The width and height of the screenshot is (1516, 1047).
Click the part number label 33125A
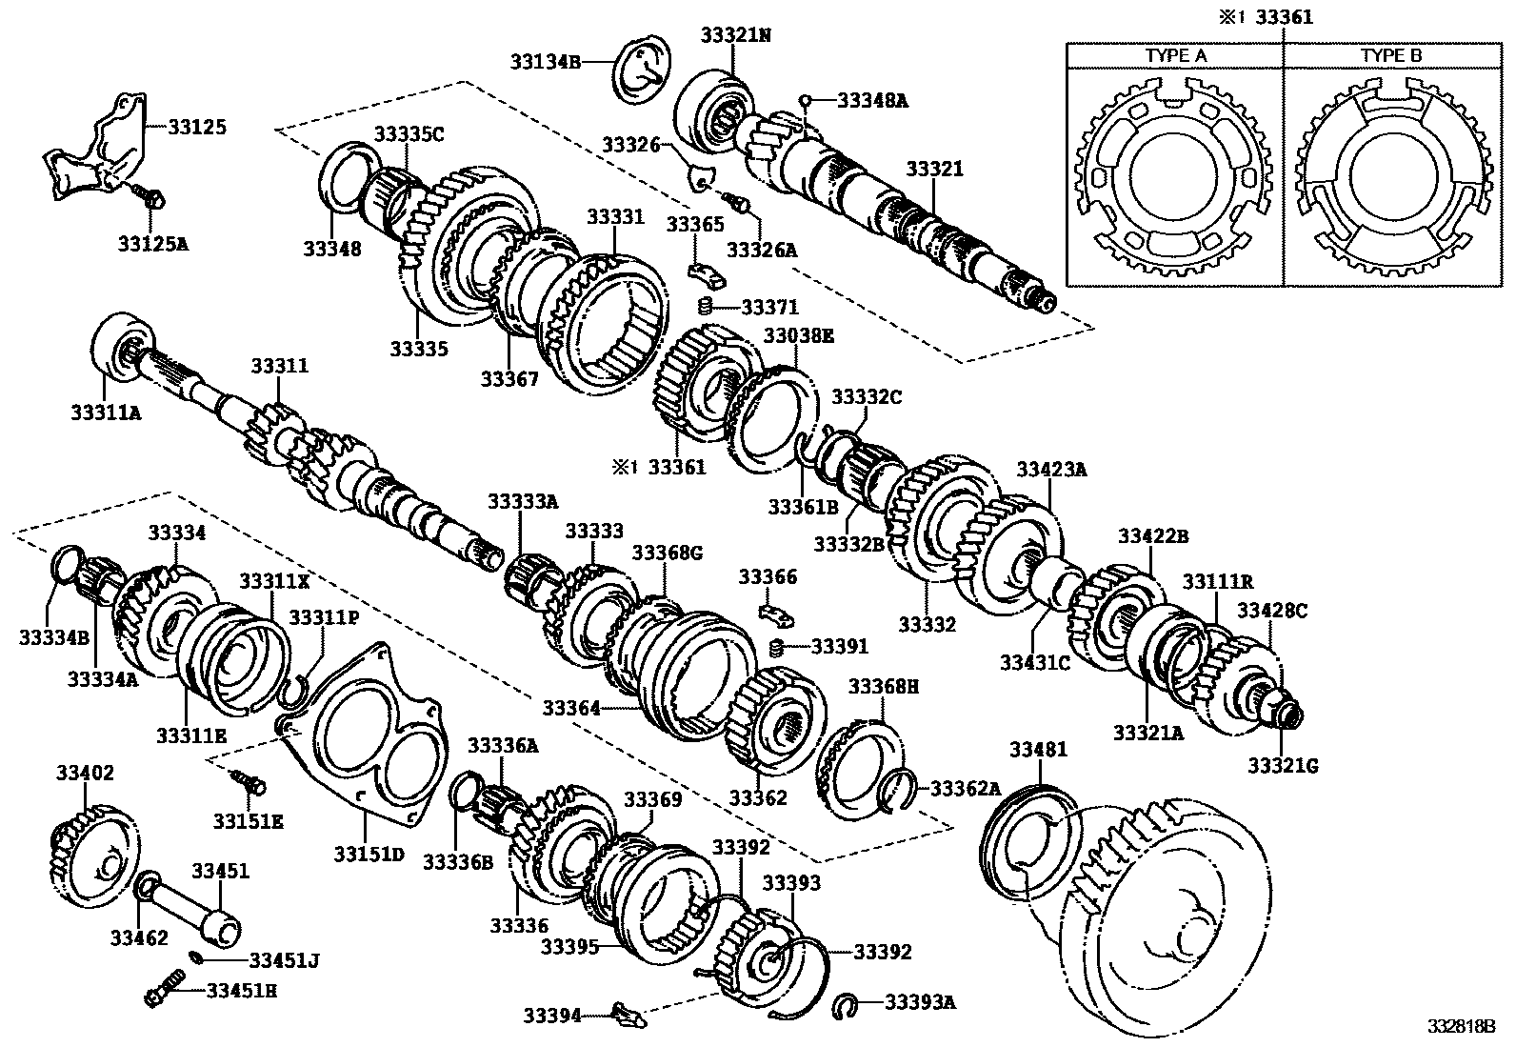click(153, 243)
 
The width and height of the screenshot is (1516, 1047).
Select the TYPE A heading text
click(1175, 55)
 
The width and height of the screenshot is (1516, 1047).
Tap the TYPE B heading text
click(1391, 55)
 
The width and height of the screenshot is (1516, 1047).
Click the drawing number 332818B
click(1461, 1026)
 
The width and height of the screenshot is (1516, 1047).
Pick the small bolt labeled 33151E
click(249, 783)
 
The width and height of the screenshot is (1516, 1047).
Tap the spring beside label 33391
click(776, 648)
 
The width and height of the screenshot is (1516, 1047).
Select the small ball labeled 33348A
click(805, 98)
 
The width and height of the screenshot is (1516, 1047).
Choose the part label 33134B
click(545, 61)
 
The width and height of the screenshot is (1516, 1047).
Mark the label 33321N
click(735, 35)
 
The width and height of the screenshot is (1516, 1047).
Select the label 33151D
click(369, 853)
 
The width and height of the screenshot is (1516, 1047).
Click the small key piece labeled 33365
click(707, 273)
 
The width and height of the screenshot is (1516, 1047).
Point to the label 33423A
click(1051, 469)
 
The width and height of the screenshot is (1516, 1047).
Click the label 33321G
click(1283, 765)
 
